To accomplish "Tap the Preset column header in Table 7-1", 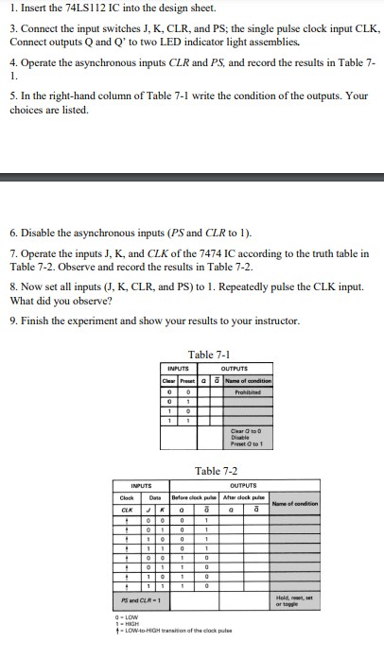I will [x=187, y=380].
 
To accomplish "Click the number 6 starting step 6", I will [x=12, y=231].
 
